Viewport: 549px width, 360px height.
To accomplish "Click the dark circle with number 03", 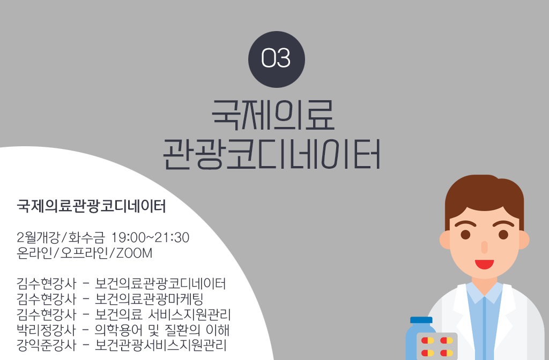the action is pyautogui.click(x=276, y=59).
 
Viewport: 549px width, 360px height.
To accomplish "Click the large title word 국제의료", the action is pyautogui.click(x=273, y=115).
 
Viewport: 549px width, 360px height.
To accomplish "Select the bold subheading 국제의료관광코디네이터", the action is pyautogui.click(x=91, y=206).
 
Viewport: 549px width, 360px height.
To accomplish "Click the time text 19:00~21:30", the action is pyautogui.click(x=150, y=237).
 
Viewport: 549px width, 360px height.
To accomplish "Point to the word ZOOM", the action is pyautogui.click(x=134, y=253).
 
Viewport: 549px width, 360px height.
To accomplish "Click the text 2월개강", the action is pyautogui.click(x=38, y=237).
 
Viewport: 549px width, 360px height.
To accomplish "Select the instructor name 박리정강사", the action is pyautogui.click(x=46, y=329).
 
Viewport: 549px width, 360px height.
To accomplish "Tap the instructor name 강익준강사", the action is pyautogui.click(x=46, y=345).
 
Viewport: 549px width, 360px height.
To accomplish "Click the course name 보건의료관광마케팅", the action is pyautogui.click(x=149, y=299).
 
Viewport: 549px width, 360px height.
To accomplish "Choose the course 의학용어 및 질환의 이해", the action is pyautogui.click(x=162, y=329).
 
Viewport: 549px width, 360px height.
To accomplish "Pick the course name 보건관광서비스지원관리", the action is pyautogui.click(x=161, y=345).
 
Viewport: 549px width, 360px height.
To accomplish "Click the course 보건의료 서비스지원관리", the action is pyautogui.click(x=163, y=314).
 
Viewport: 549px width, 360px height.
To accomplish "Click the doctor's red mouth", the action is pyautogui.click(x=484, y=264).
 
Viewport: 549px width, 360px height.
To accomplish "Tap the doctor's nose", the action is pyautogui.click(x=484, y=247).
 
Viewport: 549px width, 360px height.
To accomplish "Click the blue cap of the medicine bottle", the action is pyautogui.click(x=421, y=320).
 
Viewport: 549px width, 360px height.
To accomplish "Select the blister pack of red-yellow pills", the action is pyautogui.click(x=437, y=347).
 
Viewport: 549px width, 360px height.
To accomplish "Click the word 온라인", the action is pyautogui.click(x=34, y=253).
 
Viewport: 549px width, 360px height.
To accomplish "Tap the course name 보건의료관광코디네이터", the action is pyautogui.click(x=160, y=283).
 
